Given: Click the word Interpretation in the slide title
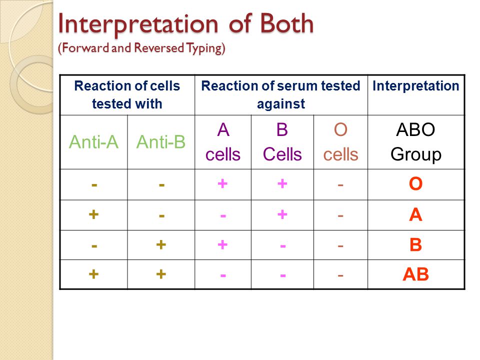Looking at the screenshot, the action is coord(138,24).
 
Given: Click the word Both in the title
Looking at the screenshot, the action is coord(287,23).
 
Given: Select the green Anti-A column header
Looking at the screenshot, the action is coord(93,142).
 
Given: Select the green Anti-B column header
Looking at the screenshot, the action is coord(161,142).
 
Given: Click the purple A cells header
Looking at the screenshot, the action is coord(223,142).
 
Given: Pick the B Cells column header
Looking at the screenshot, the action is coord(282,142).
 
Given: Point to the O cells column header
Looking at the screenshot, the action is coord(340,142).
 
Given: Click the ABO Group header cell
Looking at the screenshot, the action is coord(415,142).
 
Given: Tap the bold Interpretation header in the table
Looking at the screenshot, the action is coord(415,86).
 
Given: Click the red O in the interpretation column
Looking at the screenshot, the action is coord(415,184).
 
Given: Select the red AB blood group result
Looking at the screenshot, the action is coord(415,274).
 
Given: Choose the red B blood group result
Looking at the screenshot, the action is coord(415,245).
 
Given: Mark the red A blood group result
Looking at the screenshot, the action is coord(415,214).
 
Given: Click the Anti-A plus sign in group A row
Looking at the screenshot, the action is coord(93,214).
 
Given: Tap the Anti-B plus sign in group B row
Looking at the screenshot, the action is coord(161,244).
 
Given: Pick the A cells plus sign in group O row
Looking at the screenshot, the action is coord(222,183).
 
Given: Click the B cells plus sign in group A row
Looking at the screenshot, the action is coord(282,214).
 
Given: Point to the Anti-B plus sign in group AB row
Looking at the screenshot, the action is coord(161,274).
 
